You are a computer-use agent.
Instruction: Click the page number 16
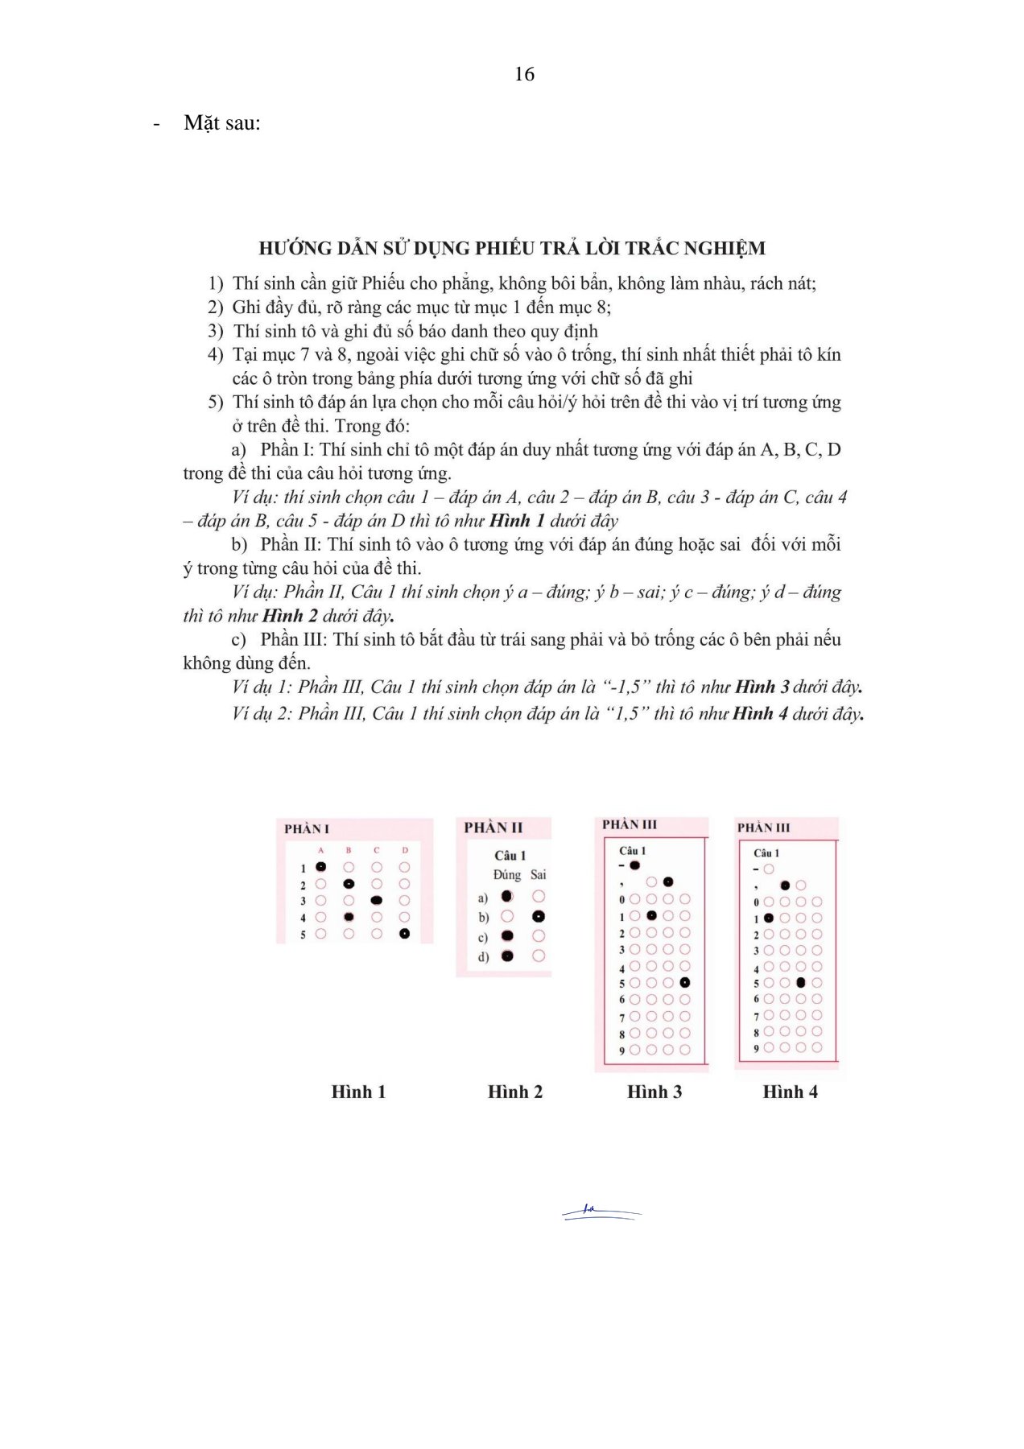tap(524, 74)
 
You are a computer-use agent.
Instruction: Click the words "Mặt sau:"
tap(222, 123)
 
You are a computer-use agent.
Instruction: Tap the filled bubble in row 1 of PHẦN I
tap(320, 867)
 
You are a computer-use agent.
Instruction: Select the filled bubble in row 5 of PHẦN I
tap(404, 934)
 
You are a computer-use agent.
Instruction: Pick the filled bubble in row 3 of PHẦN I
tap(377, 901)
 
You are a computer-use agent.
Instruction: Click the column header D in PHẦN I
tap(405, 850)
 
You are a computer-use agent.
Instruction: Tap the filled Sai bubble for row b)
tap(539, 916)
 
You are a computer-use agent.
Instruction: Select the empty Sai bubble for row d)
tap(539, 956)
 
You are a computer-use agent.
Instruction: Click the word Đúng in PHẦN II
tap(507, 874)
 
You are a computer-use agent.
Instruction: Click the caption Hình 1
tap(358, 1092)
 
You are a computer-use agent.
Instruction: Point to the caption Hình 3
tap(654, 1092)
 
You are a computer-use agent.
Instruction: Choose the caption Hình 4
tap(790, 1092)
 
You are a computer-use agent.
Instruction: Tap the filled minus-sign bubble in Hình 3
tap(634, 865)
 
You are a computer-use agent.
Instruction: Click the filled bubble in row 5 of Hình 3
tap(684, 983)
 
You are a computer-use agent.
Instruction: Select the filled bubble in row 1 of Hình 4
tap(769, 918)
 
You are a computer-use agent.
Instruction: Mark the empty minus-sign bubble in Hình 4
tap(769, 869)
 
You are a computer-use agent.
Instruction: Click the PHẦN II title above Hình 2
tap(493, 828)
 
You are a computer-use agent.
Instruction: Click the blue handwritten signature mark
tap(600, 1212)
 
